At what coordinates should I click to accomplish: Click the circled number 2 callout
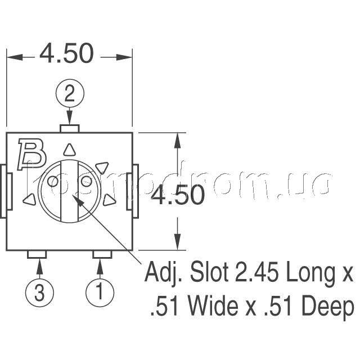[70, 93]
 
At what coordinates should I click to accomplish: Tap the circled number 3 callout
[39, 293]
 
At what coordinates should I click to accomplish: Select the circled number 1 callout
[100, 292]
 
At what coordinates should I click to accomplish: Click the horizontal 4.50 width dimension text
[67, 54]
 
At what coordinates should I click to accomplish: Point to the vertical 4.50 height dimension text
[178, 195]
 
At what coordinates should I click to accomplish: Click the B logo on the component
[32, 154]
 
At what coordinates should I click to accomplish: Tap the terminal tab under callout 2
[70, 129]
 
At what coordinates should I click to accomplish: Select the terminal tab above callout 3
[37, 254]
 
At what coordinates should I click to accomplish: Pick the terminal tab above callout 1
[102, 254]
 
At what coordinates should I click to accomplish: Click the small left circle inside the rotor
[53, 182]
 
